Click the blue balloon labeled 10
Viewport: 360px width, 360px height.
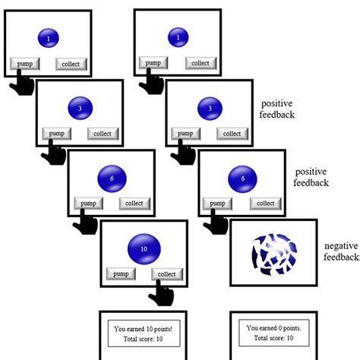(x=144, y=248)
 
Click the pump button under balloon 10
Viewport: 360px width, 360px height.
(x=119, y=273)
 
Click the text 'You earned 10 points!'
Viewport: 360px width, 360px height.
(x=144, y=328)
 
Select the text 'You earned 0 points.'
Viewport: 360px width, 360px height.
(x=272, y=328)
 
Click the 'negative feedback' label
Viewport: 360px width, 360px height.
(x=341, y=251)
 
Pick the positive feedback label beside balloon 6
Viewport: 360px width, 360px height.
(x=311, y=177)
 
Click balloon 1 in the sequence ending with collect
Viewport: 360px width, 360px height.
(x=49, y=37)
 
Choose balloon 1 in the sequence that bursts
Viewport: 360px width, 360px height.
(x=178, y=37)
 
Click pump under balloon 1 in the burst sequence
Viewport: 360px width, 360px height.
(x=153, y=63)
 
